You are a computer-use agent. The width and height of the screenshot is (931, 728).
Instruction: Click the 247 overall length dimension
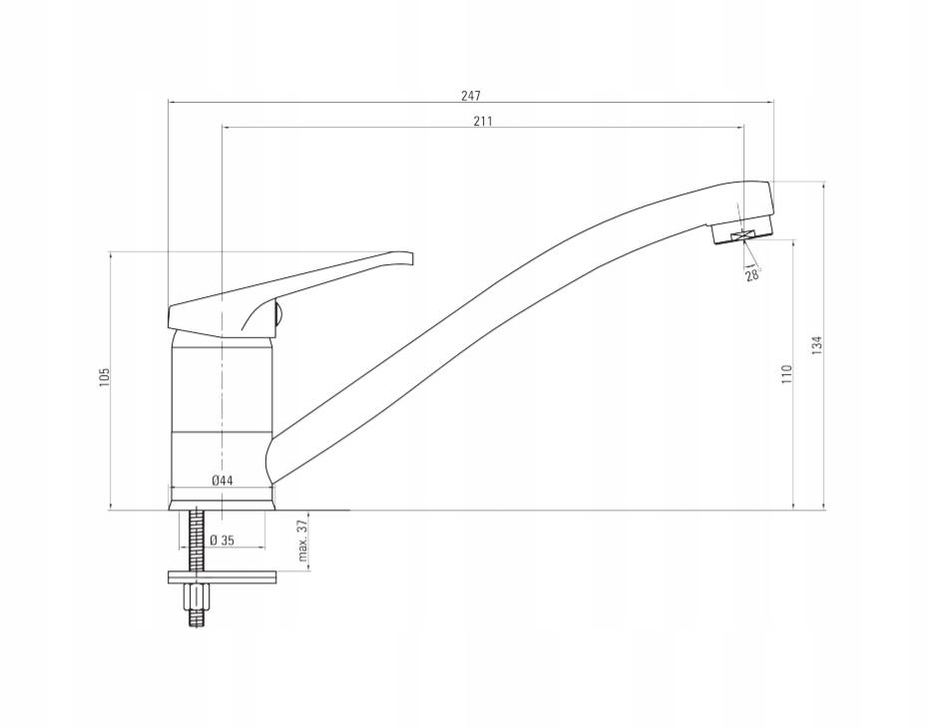coord(471,95)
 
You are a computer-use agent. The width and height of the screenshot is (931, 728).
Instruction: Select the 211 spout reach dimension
coord(483,121)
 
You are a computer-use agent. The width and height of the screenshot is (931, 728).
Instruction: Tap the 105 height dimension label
coord(105,377)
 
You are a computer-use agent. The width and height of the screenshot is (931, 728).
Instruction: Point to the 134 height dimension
coord(817,345)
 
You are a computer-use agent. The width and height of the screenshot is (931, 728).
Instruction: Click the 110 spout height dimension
coord(787,374)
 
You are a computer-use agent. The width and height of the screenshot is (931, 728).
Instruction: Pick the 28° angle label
coord(752,274)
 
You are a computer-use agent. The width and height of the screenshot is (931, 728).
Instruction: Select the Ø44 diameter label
coord(222,481)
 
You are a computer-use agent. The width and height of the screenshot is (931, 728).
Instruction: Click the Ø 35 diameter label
coord(223,540)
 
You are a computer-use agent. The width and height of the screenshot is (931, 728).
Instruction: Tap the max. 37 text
coord(302,540)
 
